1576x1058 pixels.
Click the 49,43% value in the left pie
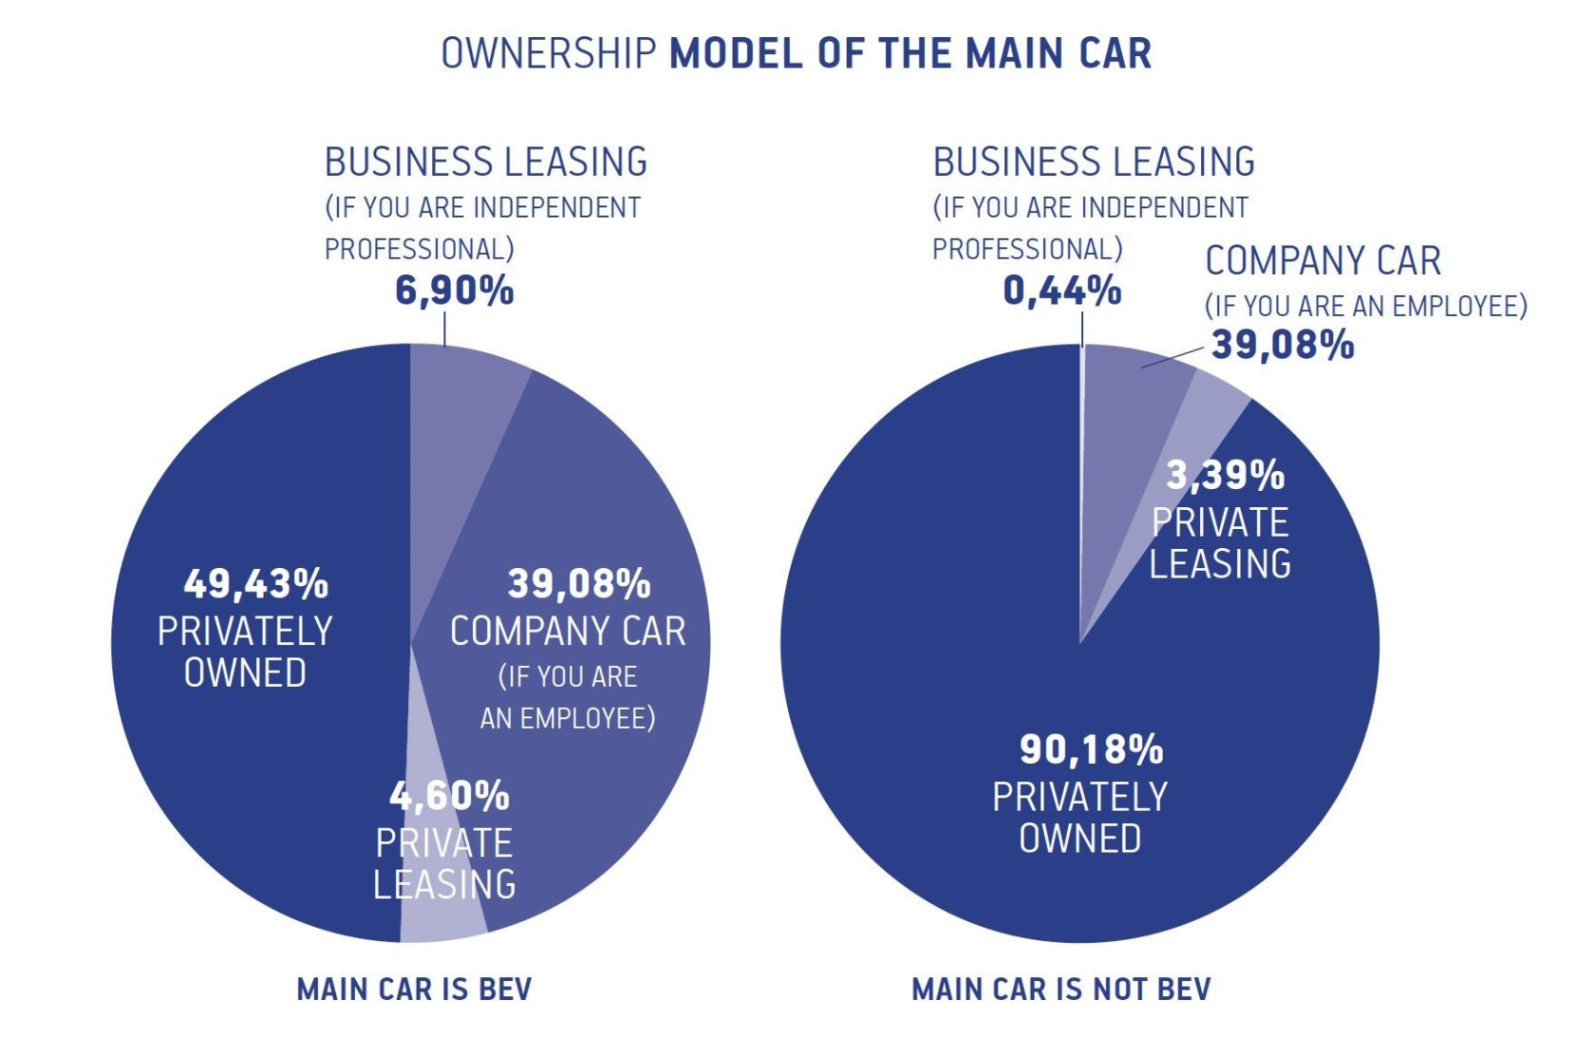pos(255,584)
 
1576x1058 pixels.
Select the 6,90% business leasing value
pos(454,291)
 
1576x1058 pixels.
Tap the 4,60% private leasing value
pos(449,796)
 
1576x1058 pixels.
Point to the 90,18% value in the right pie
pos(1091,749)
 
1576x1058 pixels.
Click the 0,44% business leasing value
pos(1061,291)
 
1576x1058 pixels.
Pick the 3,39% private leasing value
pos(1225,475)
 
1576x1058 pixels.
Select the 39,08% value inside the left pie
pos(579,584)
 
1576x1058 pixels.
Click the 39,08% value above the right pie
pos(1282,344)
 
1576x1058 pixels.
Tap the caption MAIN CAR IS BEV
pos(414,990)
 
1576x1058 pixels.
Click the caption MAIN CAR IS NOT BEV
pos(1060,990)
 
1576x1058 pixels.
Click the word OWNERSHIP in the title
pos(549,53)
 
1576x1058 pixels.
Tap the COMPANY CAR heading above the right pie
pos(1323,260)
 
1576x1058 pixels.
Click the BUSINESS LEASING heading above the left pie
pos(485,162)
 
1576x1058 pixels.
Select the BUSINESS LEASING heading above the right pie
pos(1094,162)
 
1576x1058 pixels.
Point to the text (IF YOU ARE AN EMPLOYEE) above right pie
pos(1365,306)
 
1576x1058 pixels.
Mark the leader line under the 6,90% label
pos(444,331)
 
